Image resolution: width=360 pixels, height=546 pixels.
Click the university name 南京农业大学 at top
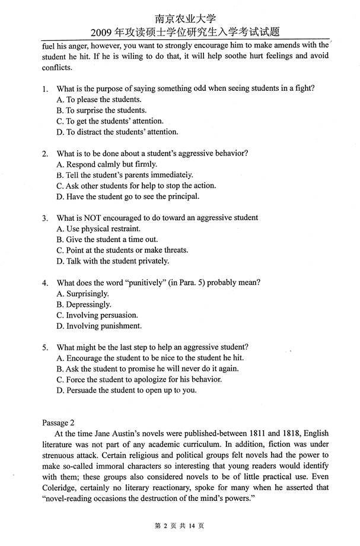[x=180, y=19]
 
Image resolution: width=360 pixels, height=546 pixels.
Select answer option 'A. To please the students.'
[x=99, y=100]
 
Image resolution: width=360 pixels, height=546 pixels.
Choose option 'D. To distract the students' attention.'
[x=117, y=132]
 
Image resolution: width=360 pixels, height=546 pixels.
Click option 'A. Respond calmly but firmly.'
[x=107, y=164]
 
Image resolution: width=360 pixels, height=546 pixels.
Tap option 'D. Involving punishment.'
[x=99, y=326]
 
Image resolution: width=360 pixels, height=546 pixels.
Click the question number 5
[x=44, y=348]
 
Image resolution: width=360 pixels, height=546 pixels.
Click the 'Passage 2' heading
[x=58, y=423]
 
